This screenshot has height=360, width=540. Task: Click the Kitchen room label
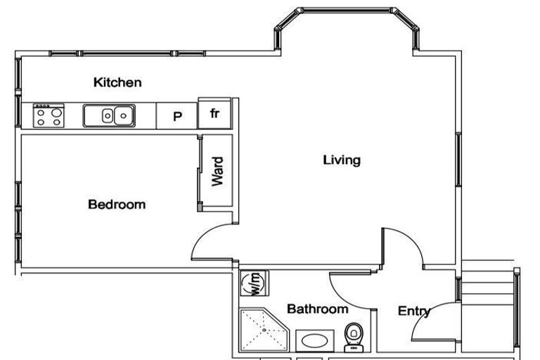coord(117,82)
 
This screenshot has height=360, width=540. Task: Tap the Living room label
coord(342,160)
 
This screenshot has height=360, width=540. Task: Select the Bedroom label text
coord(117,205)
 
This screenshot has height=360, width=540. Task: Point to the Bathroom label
coord(318,309)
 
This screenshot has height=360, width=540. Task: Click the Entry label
coord(414,311)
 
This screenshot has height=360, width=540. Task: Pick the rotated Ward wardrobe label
coord(217,172)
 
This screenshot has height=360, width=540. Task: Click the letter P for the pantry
coord(177,117)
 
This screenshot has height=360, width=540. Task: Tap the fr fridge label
coord(214,113)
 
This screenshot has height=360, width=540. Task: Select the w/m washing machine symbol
coord(254,283)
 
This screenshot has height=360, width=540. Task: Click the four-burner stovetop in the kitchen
coord(49,116)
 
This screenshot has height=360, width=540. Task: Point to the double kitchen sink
coord(109,116)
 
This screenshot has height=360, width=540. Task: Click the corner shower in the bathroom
coord(264,330)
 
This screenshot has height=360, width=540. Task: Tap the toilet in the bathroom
coord(354,337)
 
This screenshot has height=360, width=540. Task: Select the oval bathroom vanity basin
coord(315,341)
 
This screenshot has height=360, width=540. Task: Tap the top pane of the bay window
coord(347,10)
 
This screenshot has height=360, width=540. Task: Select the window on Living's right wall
coord(458,160)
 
